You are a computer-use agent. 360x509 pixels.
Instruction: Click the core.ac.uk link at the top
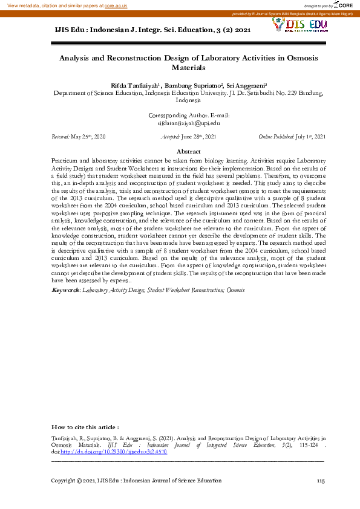coord(116,5)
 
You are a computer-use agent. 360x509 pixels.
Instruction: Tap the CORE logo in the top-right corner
coord(344,5)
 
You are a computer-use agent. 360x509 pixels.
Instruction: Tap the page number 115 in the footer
coord(321,481)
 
